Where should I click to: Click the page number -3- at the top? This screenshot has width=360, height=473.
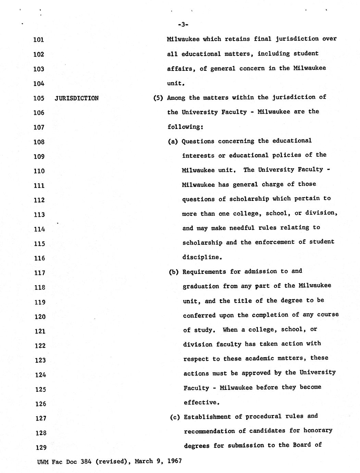click(x=183, y=24)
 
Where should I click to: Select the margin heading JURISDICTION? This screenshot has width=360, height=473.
click(x=76, y=98)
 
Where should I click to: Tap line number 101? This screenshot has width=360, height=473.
click(x=39, y=40)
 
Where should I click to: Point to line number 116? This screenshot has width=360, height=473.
click(x=39, y=258)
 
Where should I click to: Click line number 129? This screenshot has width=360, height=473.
click(x=40, y=448)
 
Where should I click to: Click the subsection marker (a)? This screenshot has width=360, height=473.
click(x=173, y=141)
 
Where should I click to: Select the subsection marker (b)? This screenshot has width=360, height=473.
click(x=174, y=272)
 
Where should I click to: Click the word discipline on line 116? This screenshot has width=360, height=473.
click(x=202, y=257)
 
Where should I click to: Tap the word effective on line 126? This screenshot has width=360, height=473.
click(x=201, y=402)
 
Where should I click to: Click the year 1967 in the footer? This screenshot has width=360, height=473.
click(x=174, y=461)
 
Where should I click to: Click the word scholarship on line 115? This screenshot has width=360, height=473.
click(x=202, y=242)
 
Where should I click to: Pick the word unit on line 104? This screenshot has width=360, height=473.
click(x=175, y=83)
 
